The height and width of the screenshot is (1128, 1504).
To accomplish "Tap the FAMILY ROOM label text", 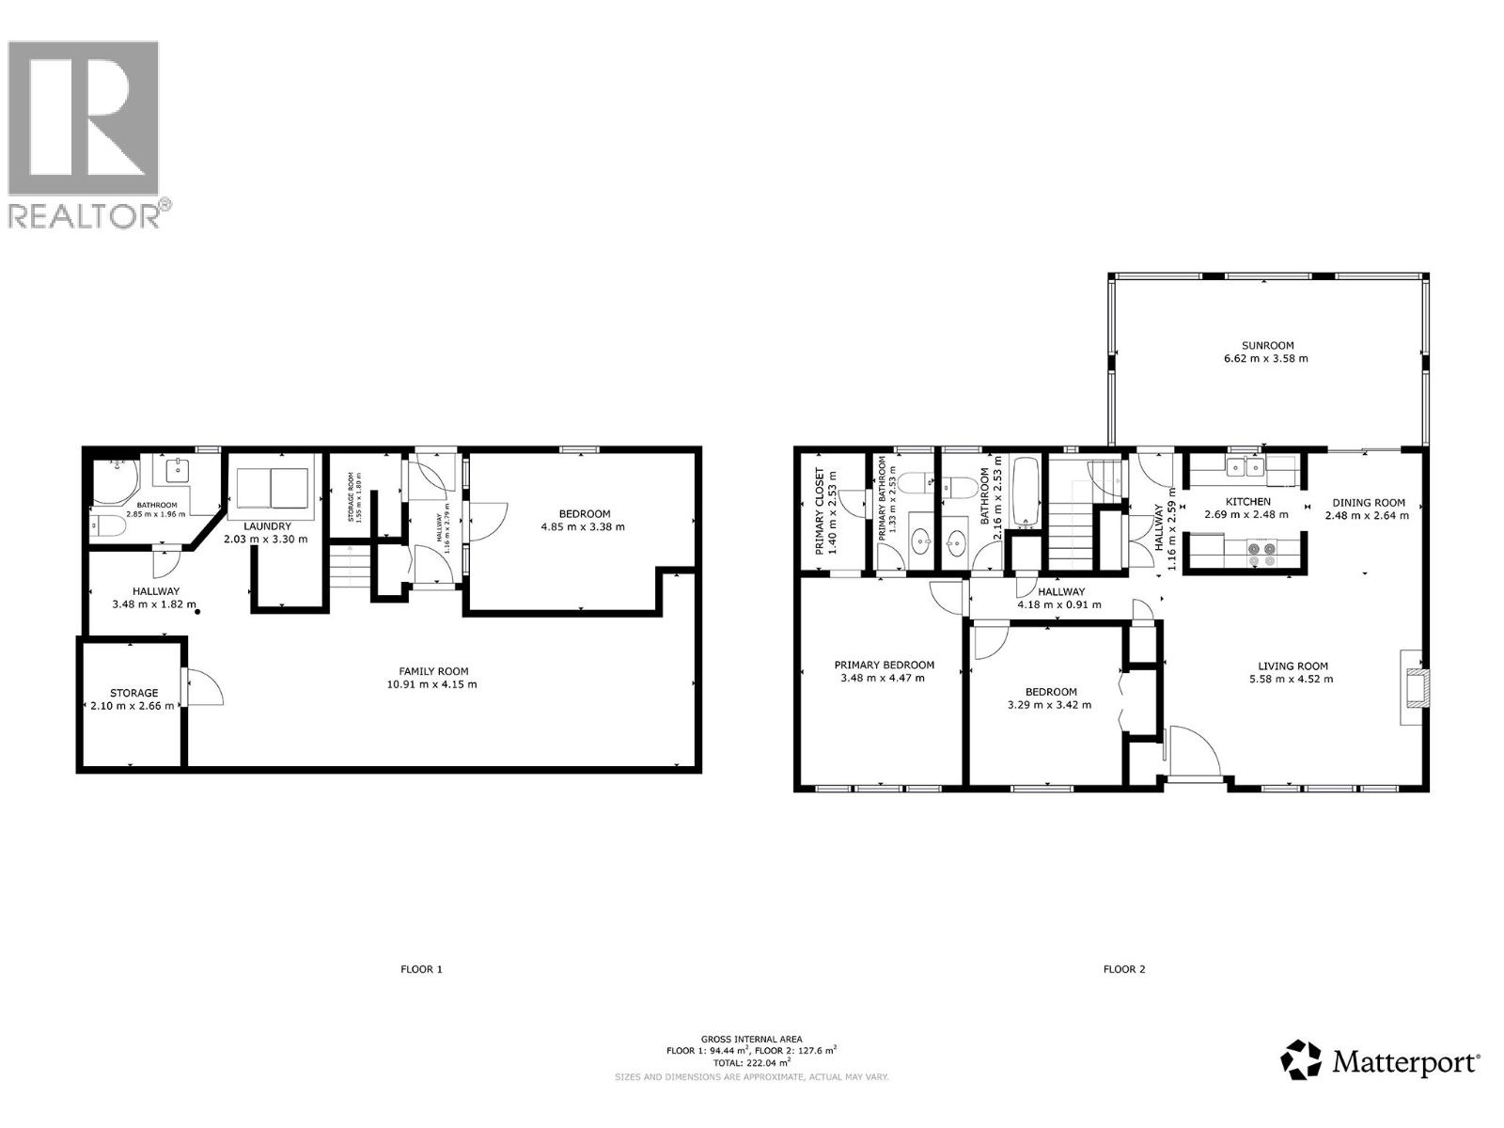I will click(x=433, y=671).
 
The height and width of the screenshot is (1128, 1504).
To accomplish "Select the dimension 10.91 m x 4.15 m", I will click(x=433, y=684).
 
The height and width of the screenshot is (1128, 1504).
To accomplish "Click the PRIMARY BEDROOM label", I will click(x=884, y=665).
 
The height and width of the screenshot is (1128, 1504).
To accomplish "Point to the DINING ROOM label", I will click(x=1368, y=503).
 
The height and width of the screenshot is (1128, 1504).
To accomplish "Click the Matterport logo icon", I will click(x=1301, y=1059).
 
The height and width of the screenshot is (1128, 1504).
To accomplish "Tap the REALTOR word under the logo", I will click(x=85, y=215).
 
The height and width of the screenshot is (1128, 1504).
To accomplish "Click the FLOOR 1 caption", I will click(x=421, y=969).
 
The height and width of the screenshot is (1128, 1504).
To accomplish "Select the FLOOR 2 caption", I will click(x=1124, y=969).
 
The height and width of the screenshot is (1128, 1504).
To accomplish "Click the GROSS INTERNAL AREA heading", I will click(x=752, y=1039).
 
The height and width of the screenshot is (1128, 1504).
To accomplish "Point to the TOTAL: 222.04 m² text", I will click(x=752, y=1062).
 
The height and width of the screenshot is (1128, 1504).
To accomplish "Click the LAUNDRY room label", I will click(x=267, y=526).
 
